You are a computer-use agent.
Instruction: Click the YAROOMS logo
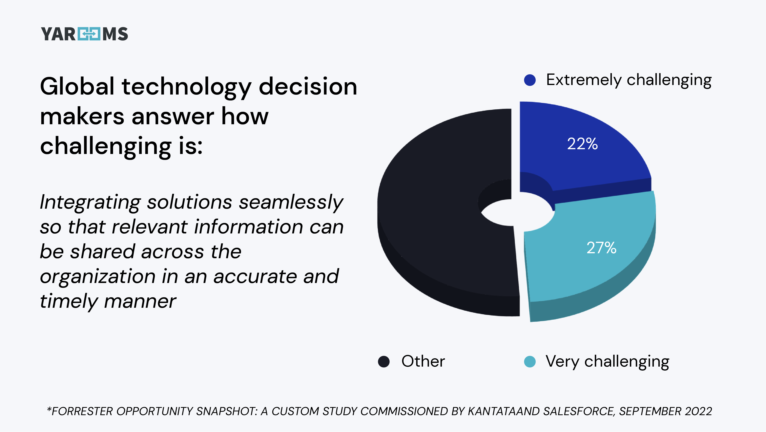point(84,34)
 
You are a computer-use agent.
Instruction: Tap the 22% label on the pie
point(582,144)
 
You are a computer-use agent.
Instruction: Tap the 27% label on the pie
point(601,248)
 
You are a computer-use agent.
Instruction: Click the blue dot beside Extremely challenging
point(530,80)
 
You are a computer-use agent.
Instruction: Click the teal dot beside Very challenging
point(530,362)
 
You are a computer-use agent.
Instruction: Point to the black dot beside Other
point(384,362)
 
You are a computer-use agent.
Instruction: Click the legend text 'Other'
point(423,361)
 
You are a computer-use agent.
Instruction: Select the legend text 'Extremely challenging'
point(629,80)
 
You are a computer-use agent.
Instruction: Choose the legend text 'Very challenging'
point(607,362)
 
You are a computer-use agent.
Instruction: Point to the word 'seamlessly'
point(291,202)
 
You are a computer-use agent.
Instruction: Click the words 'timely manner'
point(108,301)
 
